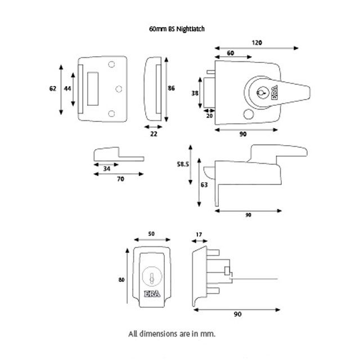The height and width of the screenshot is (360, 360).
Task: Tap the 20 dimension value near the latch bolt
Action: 209,116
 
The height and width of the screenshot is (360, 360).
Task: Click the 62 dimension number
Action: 52,88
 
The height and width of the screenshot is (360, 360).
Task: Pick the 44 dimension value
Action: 67,88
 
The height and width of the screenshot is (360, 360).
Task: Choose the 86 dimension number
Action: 172,88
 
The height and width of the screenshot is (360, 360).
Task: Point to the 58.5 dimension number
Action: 182,164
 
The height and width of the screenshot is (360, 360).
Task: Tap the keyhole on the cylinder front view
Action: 151,276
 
